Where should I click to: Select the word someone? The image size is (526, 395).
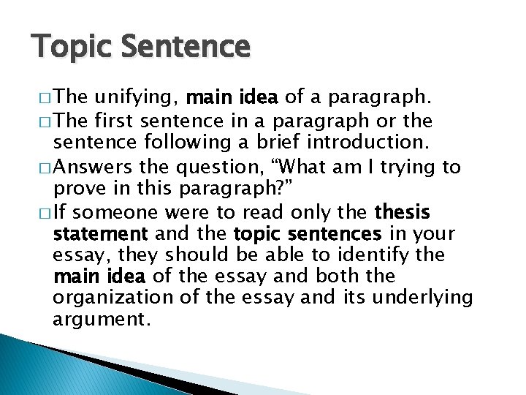118,213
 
